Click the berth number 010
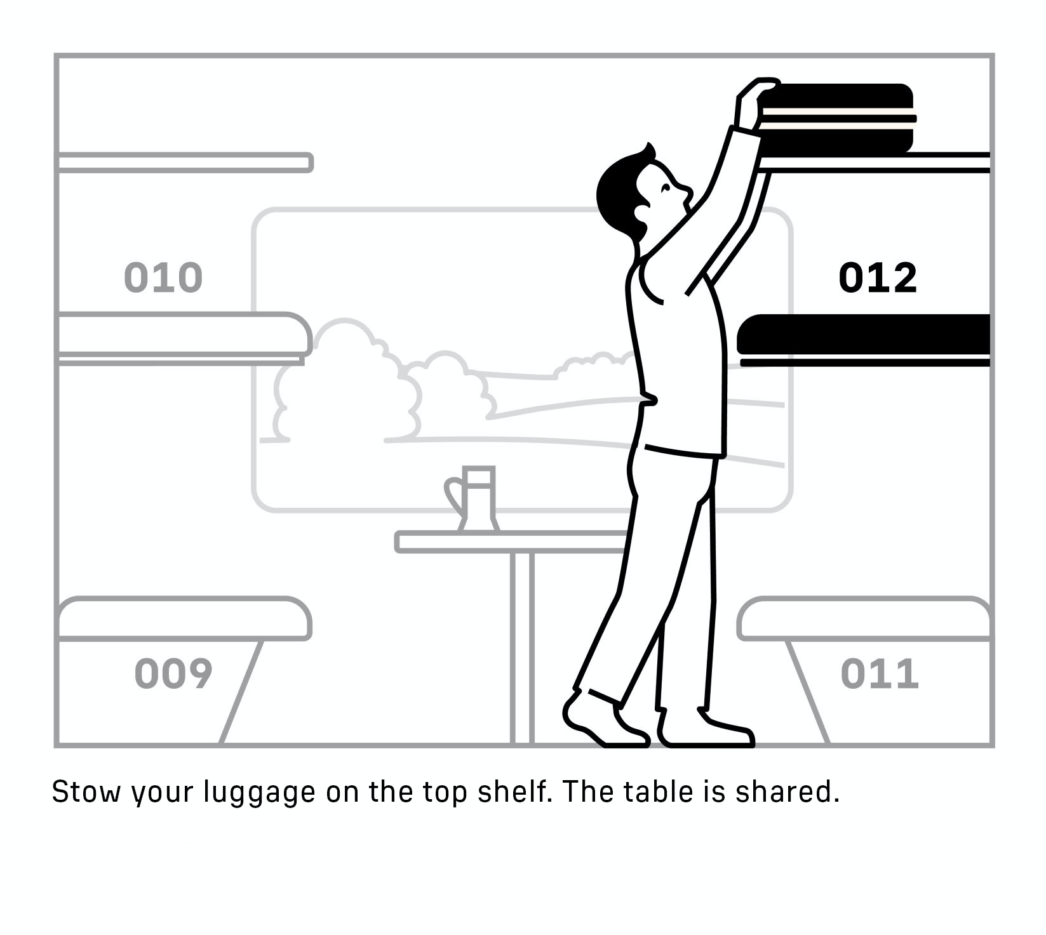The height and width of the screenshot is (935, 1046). (163, 277)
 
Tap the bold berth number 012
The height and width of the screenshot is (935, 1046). (878, 277)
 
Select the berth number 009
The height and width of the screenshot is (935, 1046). (173, 673)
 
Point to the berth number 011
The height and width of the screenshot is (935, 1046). (880, 673)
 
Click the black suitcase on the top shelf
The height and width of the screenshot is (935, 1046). (836, 119)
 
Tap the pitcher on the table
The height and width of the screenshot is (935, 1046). (473, 499)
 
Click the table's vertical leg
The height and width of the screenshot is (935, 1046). (522, 647)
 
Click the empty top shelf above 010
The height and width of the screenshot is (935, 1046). (185, 162)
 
